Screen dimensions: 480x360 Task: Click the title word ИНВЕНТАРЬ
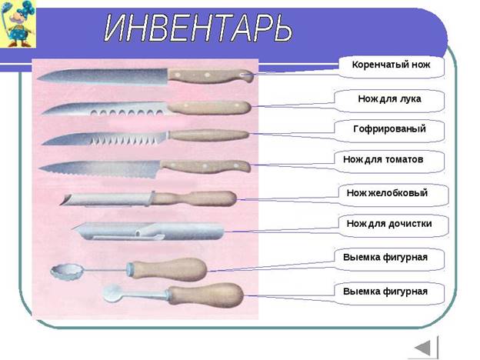pos(198,28)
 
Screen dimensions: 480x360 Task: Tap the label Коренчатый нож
pos(391,65)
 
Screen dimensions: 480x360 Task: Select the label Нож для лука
pos(389,98)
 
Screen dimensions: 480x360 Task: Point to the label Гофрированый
pos(389,128)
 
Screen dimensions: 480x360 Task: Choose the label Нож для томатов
pos(383,159)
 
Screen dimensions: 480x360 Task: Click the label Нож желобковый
pos(387,193)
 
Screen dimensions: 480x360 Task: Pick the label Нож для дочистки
pos(389,224)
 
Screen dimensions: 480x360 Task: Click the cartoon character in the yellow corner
pos(18,24)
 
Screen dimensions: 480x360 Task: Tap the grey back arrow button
pos(426,348)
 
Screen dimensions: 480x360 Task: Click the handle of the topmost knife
pos(211,76)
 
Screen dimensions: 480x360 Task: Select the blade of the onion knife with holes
pos(105,109)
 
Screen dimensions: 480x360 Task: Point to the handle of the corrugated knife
pos(209,135)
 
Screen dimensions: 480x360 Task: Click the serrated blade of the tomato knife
pos(100,169)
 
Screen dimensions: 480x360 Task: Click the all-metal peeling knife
pos(148,231)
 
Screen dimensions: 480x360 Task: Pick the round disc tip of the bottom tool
pos(112,294)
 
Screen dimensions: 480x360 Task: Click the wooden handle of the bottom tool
pos(205,295)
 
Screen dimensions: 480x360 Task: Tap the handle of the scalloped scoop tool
pos(167,269)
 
